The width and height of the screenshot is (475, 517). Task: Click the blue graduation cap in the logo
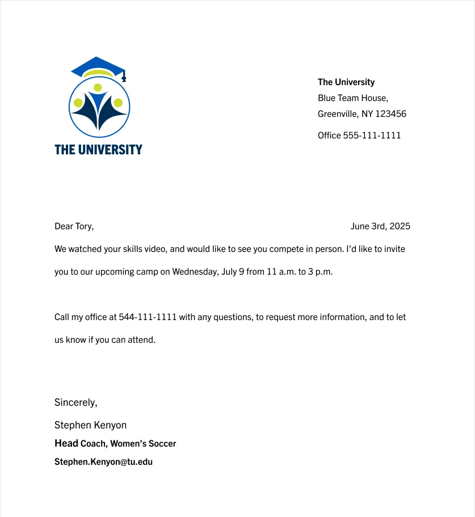click(x=98, y=65)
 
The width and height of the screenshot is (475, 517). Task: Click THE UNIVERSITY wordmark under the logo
click(x=98, y=149)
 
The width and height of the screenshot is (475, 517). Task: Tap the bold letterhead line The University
click(x=346, y=82)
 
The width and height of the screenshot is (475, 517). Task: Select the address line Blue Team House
click(x=352, y=98)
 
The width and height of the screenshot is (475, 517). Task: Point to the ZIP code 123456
click(x=391, y=114)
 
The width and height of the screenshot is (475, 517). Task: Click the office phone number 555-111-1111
click(x=372, y=136)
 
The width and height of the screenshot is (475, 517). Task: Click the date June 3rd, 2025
click(x=380, y=226)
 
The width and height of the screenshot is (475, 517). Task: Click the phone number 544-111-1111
click(x=148, y=317)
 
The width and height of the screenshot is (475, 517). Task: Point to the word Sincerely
click(x=75, y=402)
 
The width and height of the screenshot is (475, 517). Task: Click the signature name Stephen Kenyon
click(x=90, y=425)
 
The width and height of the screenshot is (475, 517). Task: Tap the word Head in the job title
click(x=66, y=443)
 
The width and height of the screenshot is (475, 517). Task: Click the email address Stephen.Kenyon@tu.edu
click(x=103, y=462)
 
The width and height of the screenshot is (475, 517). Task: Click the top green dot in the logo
click(x=98, y=87)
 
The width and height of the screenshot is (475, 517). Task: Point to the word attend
click(x=141, y=340)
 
